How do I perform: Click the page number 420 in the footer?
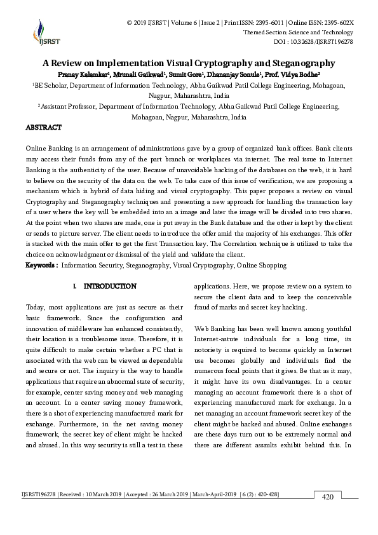tap(328, 497)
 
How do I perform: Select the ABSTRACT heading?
tap(43, 128)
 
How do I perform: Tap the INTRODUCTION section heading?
tap(110, 287)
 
